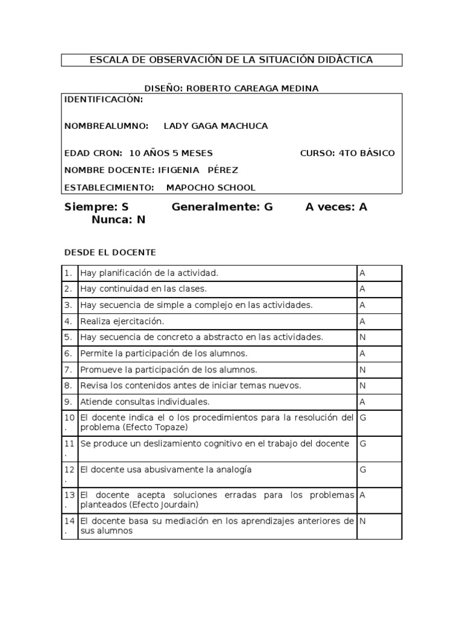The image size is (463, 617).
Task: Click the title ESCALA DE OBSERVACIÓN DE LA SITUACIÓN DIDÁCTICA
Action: point(231,60)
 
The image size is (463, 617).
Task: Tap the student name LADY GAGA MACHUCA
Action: point(216,126)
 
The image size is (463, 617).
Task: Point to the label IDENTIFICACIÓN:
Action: point(104,99)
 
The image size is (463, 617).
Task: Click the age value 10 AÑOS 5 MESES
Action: point(171,153)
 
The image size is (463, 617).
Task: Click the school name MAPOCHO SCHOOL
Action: point(210,187)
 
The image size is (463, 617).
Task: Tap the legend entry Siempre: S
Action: point(96,207)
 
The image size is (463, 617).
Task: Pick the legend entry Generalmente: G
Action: point(222,207)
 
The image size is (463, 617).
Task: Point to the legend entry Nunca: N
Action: point(118,220)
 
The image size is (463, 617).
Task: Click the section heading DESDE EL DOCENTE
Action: point(110,251)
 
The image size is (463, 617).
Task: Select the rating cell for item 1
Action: point(379,273)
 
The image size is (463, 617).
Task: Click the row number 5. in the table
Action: point(69,337)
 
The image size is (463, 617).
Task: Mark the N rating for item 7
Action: point(363,369)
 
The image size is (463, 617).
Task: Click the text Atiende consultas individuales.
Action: point(145,401)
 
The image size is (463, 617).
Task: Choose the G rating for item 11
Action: point(363,444)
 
